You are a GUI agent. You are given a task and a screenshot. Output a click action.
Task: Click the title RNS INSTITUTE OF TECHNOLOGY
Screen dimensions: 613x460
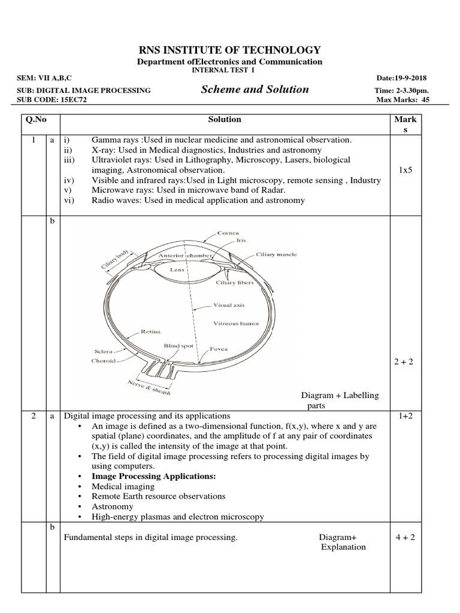pyautogui.click(x=230, y=50)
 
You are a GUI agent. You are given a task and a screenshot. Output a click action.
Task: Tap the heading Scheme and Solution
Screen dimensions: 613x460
pyautogui.click(x=256, y=90)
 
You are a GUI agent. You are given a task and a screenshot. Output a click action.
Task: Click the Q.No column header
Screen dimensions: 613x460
pyautogui.click(x=35, y=120)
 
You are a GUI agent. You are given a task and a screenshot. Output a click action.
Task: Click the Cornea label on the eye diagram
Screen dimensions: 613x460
pyautogui.click(x=229, y=232)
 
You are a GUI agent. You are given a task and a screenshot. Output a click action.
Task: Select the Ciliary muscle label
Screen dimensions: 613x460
pyautogui.click(x=276, y=254)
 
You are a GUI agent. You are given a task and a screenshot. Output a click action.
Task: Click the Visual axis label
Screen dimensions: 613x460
pyautogui.click(x=229, y=305)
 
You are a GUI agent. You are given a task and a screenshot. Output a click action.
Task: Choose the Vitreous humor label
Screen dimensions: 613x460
pyautogui.click(x=237, y=323)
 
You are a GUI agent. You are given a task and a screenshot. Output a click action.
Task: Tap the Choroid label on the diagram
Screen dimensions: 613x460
pyautogui.click(x=104, y=361)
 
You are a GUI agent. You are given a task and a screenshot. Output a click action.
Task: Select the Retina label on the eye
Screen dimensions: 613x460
pyautogui.click(x=149, y=331)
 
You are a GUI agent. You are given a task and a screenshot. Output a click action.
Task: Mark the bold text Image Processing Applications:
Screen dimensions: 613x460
pyautogui.click(x=153, y=476)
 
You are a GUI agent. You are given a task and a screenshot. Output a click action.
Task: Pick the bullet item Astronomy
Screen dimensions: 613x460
pyautogui.click(x=112, y=506)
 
